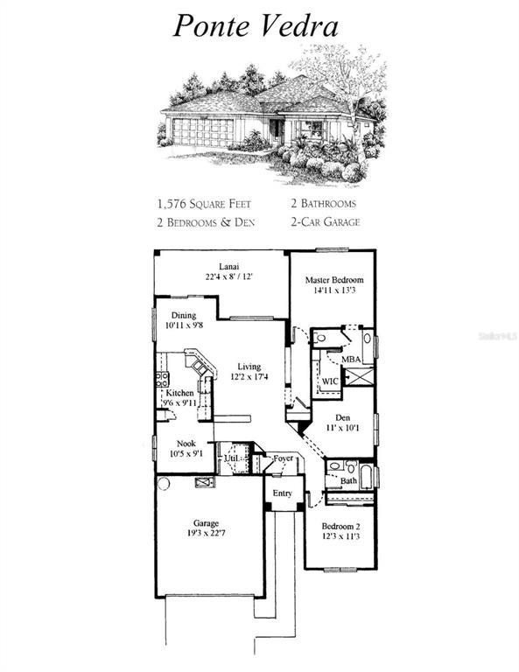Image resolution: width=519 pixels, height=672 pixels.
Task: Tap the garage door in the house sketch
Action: [203, 132]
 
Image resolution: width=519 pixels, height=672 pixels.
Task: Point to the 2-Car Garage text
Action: [325, 222]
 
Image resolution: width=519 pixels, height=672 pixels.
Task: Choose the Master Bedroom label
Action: [333, 281]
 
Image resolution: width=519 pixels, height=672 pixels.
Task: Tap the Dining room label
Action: [184, 316]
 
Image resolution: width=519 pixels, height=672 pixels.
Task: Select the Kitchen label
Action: [180, 393]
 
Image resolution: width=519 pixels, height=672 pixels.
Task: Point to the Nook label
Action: [186, 443]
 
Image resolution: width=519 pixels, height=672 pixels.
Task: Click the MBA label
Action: [352, 360]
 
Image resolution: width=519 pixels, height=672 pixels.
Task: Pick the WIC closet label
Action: [331, 381]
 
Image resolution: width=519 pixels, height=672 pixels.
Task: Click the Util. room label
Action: [232, 458]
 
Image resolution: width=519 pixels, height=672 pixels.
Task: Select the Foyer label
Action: [282, 458]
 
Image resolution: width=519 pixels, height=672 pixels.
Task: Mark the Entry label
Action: [282, 494]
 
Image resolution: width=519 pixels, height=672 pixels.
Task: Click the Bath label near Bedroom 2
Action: [348, 480]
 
